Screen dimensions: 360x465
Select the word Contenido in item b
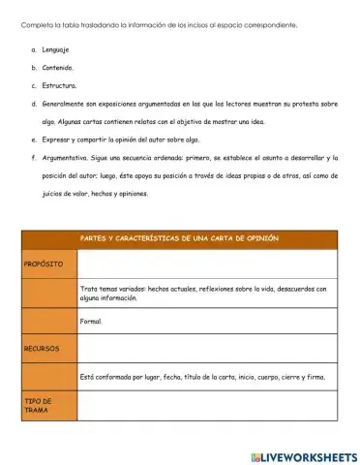point(57,68)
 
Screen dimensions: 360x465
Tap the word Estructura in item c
point(58,86)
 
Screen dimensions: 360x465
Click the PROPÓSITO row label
point(44,263)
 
